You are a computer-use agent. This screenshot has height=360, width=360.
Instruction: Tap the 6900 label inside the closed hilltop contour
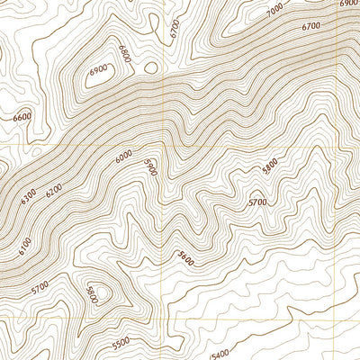pyautogui.click(x=99, y=69)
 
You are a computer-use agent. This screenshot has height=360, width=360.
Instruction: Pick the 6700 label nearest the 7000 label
pyautogui.click(x=312, y=28)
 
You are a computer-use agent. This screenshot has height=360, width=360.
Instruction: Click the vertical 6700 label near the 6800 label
pyautogui.click(x=175, y=30)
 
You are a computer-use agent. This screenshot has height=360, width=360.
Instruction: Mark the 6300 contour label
pyautogui.click(x=30, y=193)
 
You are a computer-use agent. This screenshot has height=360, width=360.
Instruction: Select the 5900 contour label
pyautogui.click(x=151, y=167)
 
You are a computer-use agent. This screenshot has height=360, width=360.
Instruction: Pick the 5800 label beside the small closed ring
pyautogui.click(x=91, y=293)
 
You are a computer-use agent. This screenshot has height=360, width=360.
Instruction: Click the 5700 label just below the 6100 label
pyautogui.click(x=40, y=288)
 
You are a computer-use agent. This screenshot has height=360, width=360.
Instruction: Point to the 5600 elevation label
pyautogui.click(x=186, y=257)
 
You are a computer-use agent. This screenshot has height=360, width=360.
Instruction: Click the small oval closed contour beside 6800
pyautogui.click(x=150, y=67)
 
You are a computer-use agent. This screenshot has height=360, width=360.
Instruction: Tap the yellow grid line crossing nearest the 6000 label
pyautogui.click(x=163, y=144)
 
